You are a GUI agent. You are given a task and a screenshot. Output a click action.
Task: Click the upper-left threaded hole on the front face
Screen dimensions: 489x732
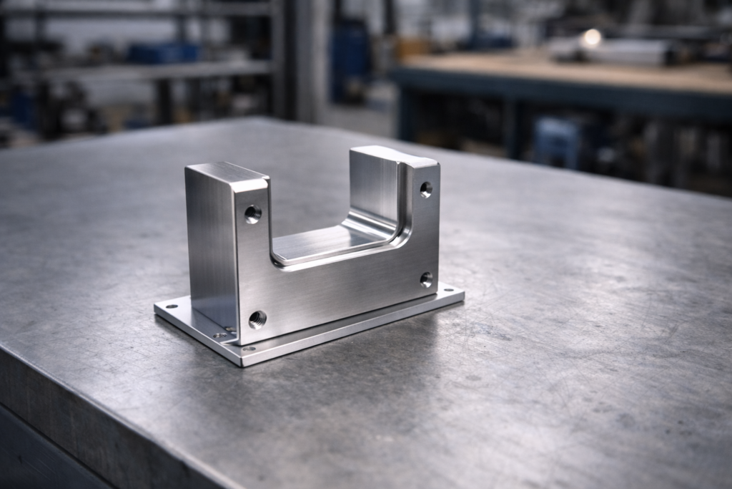[253, 213]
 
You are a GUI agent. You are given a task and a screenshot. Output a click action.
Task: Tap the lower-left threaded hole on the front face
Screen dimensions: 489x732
[257, 319]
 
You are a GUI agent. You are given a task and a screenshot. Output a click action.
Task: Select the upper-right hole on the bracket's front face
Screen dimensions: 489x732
[426, 190]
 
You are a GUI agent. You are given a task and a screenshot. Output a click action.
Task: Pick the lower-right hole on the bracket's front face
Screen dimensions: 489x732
[426, 279]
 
